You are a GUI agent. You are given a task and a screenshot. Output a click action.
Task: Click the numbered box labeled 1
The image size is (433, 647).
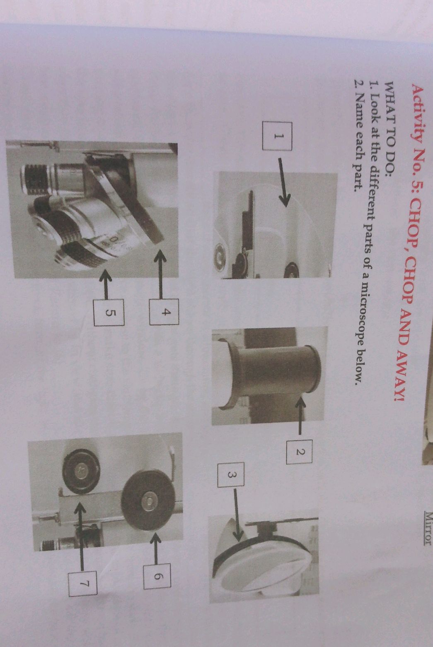click(x=277, y=136)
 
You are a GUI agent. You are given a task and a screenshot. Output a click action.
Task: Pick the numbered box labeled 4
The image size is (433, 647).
click(x=164, y=312)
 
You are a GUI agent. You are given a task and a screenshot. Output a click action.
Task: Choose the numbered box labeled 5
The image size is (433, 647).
click(x=109, y=313)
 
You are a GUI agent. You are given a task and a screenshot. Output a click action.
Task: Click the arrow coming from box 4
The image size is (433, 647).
click(x=160, y=274)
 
